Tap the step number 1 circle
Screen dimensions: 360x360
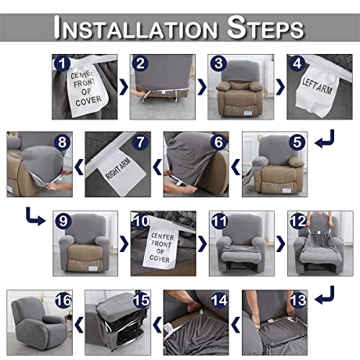64,64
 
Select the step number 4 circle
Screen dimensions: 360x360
296,64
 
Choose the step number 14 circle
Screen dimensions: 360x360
217,298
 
